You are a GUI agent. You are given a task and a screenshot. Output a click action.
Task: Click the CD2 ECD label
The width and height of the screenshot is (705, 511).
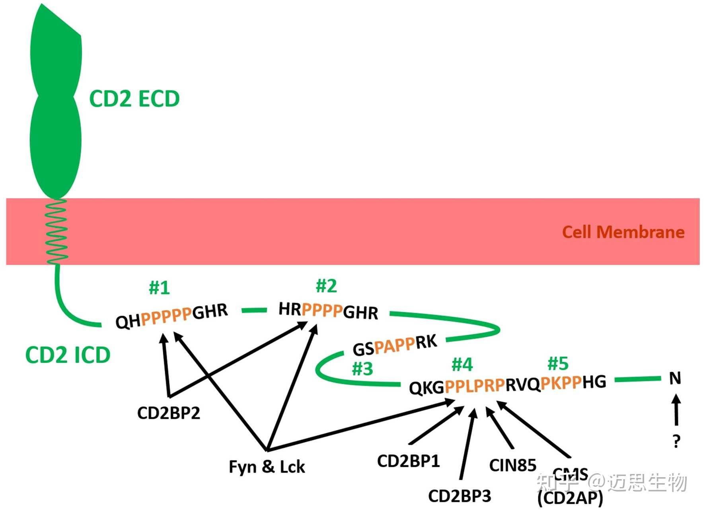(x=134, y=99)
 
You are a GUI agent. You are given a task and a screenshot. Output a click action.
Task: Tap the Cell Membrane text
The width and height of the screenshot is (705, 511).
(x=623, y=232)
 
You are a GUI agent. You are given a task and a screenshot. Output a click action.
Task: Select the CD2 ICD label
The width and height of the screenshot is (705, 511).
(x=68, y=355)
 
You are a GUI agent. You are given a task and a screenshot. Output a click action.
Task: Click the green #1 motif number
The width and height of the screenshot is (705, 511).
(x=160, y=287)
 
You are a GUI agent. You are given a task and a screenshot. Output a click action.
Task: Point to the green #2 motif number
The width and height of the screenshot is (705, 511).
(x=326, y=286)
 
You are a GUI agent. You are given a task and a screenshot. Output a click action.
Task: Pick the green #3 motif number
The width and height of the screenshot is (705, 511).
(x=362, y=369)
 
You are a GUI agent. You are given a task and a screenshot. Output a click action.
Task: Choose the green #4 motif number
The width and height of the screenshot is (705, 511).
(x=462, y=364)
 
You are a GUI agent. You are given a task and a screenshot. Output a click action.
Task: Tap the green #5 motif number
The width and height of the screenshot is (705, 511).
(x=558, y=363)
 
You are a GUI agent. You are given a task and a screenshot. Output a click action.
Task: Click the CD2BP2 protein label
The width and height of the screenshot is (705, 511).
(x=168, y=413)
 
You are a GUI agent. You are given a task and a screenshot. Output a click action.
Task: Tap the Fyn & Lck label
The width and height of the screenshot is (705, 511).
(x=267, y=466)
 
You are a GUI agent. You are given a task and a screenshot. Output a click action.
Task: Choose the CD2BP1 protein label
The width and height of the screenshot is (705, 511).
(x=408, y=461)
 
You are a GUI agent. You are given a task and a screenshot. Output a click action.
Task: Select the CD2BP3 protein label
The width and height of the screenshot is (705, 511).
(x=460, y=496)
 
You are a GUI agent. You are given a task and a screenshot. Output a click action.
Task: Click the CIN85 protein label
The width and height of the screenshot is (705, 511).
(x=512, y=465)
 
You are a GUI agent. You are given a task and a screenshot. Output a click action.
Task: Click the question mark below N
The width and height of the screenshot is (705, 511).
(x=676, y=441)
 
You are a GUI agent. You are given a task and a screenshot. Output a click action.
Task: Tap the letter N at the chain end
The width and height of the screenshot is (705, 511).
(x=675, y=378)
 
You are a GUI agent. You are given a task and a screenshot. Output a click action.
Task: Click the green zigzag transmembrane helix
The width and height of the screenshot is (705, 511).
(x=56, y=232)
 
